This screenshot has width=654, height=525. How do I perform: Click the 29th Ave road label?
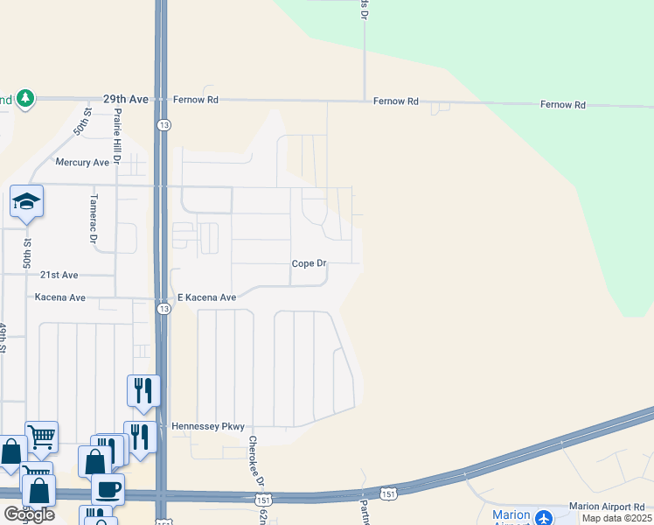coord(126,100)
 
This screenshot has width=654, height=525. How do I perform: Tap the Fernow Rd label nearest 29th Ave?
coord(195,100)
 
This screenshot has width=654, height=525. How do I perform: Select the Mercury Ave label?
coord(81,162)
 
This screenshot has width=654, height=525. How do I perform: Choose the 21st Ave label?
coord(59,274)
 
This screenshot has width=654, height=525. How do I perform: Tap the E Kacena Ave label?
coord(206,297)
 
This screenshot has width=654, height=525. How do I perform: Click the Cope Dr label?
coord(308,263)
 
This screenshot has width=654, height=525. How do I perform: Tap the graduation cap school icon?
coord(27,202)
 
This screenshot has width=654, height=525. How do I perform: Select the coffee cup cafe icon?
coord(108,489)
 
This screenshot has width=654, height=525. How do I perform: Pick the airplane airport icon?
coord(544,517)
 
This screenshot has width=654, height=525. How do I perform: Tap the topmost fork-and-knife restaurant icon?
coord(143,390)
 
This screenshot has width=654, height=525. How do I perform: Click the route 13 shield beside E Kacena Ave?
coord(163,309)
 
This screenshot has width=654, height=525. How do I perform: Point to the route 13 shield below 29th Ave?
coord(163,125)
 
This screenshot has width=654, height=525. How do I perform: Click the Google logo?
coord(29,514)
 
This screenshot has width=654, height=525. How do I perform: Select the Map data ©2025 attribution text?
coord(616,518)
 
